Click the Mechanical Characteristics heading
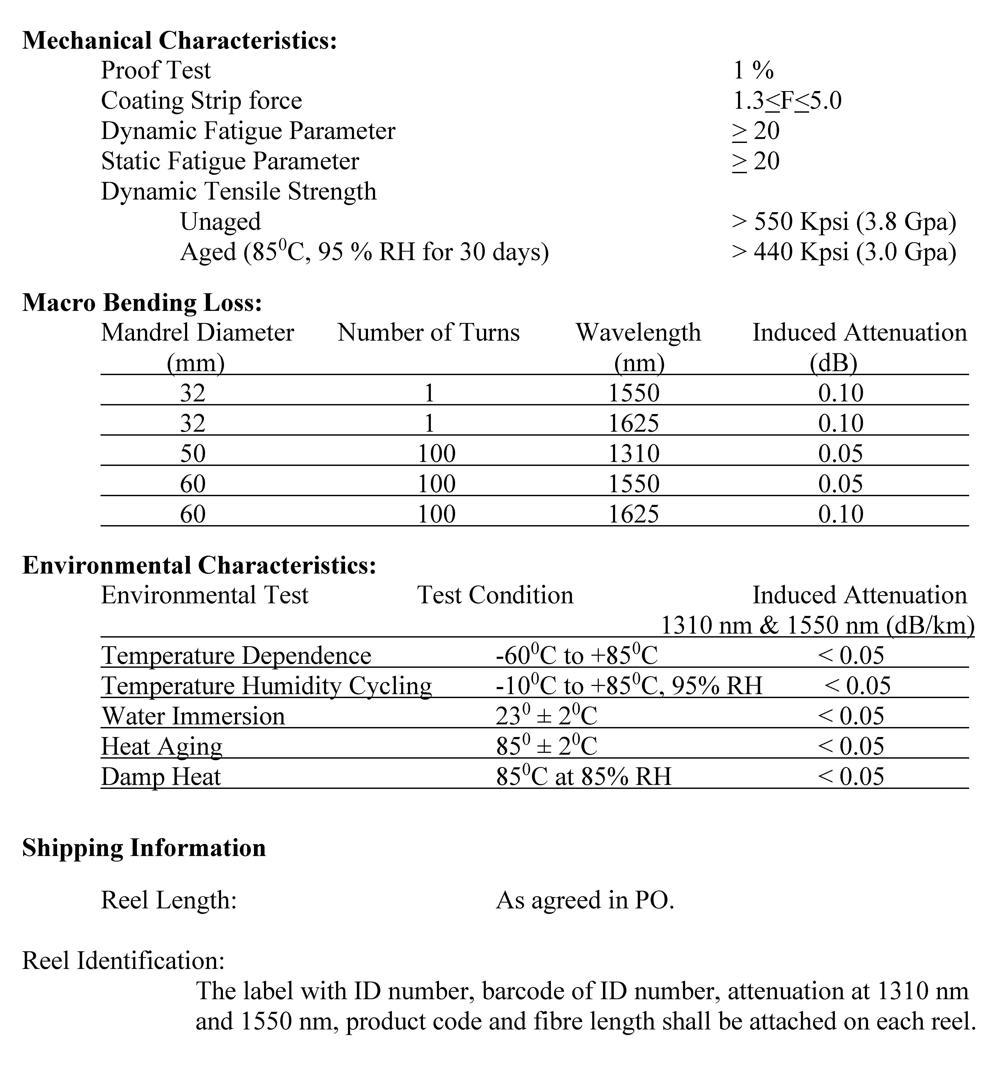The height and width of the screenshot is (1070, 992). tap(179, 40)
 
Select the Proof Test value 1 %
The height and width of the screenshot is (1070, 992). tap(753, 70)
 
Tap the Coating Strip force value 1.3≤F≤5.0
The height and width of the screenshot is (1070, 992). tap(787, 101)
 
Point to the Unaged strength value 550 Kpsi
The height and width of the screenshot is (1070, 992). tap(843, 222)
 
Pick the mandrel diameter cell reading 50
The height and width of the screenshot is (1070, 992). tap(193, 454)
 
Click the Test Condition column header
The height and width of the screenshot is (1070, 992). tap(495, 595)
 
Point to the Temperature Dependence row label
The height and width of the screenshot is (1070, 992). tap(236, 655)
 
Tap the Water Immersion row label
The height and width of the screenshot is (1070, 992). tap(193, 716)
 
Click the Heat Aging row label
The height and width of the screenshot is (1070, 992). tap(162, 746)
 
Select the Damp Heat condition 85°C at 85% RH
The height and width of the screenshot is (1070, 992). tap(584, 777)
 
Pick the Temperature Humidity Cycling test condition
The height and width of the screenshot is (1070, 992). tap(629, 686)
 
